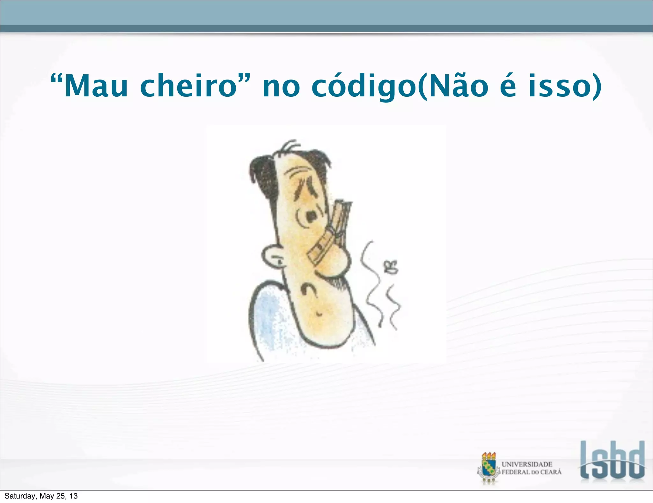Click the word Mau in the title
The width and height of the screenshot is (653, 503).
pyautogui.click(x=96, y=86)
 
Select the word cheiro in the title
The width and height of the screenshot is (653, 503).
pyautogui.click(x=188, y=86)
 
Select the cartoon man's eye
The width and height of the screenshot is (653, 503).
pyautogui.click(x=310, y=216)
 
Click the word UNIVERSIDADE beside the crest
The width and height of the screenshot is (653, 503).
pyautogui.click(x=527, y=464)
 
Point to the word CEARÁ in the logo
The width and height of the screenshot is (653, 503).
pyautogui.click(x=551, y=472)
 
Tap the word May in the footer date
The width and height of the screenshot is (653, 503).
pyautogui.click(x=47, y=496)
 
